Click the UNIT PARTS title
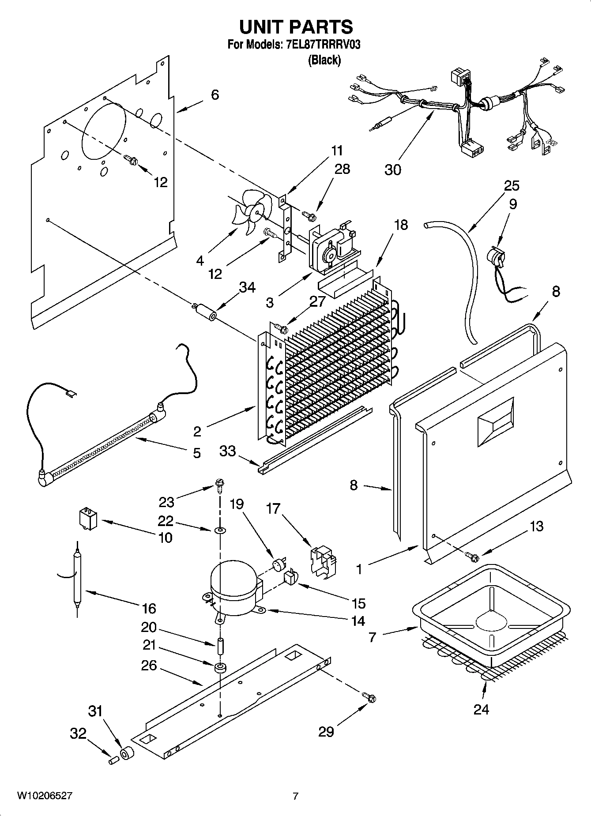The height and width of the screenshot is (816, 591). coord(296,27)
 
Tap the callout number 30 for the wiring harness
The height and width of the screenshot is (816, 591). coord(392,169)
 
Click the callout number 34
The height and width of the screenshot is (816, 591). coord(247,288)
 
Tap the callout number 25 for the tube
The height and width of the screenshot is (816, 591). coord(512,186)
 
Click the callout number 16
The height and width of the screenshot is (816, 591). coord(149,609)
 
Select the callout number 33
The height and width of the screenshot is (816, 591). coord(228,451)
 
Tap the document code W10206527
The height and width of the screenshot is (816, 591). coord(44,796)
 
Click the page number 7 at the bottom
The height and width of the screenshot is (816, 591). coord(295,796)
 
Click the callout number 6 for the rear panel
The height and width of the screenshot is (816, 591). coord(215,94)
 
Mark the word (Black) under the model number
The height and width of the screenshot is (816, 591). coord(324,60)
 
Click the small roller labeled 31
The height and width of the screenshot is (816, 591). coord(127,754)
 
